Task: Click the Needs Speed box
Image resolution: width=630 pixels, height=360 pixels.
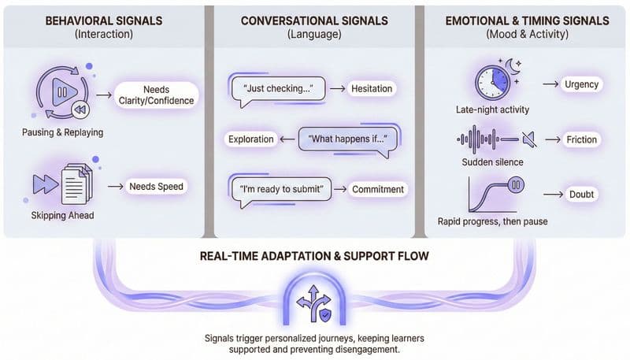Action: [156, 187]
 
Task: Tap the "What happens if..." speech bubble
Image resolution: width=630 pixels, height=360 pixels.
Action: [350, 139]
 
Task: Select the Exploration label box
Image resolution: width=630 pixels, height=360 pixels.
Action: [250, 139]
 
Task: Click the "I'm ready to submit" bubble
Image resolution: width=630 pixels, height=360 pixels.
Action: [280, 188]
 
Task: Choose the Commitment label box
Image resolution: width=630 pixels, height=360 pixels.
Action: [378, 189]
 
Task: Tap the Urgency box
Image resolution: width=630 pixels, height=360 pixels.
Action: [581, 84]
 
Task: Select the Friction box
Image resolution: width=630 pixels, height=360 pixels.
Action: [581, 140]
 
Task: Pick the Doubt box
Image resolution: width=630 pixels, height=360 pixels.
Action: [581, 193]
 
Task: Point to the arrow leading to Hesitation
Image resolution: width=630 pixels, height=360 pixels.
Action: [337, 89]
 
